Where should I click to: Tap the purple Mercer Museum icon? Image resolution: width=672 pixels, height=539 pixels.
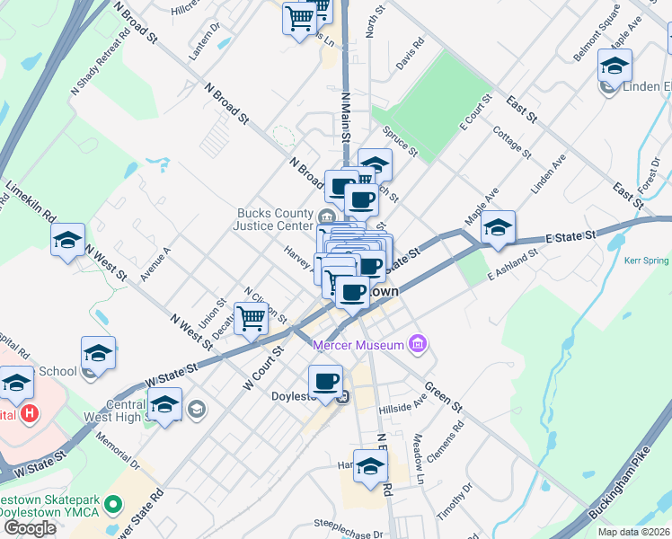[x=417, y=343]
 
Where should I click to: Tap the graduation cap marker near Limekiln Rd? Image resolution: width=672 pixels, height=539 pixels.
[x=67, y=240]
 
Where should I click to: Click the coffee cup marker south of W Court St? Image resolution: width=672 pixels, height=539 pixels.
[x=326, y=380]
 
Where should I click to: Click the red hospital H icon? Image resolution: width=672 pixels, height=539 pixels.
[x=30, y=414]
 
